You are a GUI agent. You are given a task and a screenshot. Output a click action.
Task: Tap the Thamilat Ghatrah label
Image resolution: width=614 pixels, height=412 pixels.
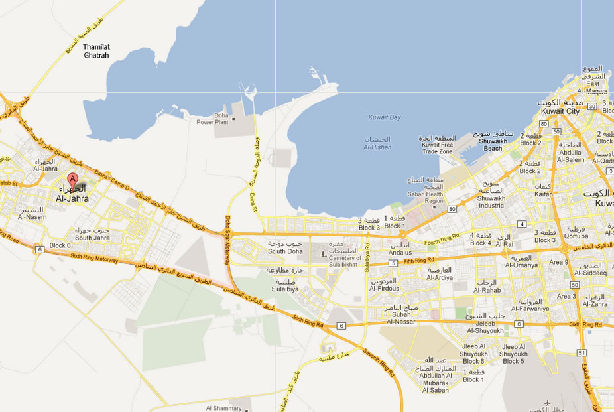click(x=96, y=52)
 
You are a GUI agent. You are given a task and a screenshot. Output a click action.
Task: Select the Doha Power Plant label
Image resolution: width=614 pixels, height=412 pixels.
click(x=212, y=119)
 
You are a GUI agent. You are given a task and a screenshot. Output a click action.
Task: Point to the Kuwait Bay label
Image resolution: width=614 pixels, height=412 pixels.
click(x=385, y=117)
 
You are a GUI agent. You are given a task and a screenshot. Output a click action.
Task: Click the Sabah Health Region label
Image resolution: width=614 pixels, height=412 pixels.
click(x=425, y=196)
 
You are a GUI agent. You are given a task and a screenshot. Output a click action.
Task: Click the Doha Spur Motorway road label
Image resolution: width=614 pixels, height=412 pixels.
click(x=226, y=238)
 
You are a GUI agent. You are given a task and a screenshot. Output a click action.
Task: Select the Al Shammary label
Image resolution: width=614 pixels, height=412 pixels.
click(x=224, y=408)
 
